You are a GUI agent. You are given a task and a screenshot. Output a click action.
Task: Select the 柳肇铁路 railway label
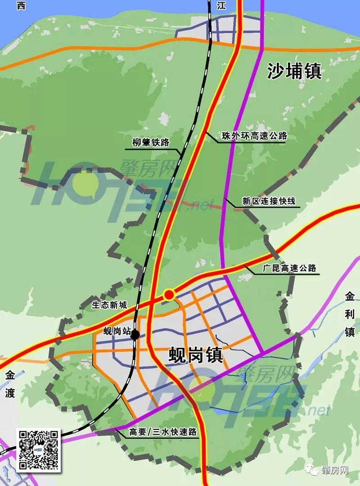[151, 143]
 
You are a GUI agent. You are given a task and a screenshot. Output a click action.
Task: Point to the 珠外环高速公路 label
[254, 136]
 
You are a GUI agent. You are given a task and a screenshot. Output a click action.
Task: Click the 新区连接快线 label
[269, 201]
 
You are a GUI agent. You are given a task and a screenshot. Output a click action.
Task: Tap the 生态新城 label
[110, 305]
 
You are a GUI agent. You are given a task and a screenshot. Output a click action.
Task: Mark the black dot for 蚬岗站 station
[135, 334]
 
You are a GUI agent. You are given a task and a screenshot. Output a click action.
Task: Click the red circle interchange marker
[169, 295]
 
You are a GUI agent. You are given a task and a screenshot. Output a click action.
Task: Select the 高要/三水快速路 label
[163, 432]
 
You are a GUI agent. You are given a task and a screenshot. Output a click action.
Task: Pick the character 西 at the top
[21, 5]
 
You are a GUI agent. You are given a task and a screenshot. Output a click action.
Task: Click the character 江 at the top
[220, 5]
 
